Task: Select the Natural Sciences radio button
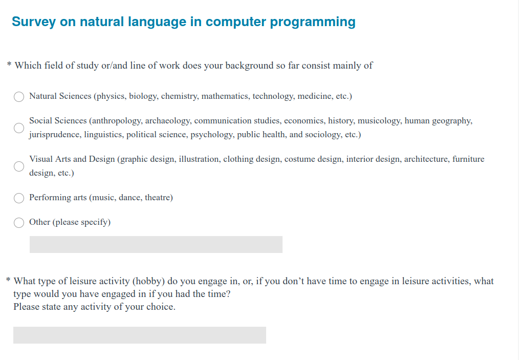point(19,97)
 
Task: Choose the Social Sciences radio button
point(19,128)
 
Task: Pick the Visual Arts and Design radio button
point(19,166)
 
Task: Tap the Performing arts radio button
point(19,198)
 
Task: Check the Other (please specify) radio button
point(19,223)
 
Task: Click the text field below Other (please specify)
point(156,244)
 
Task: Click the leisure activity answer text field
point(140,335)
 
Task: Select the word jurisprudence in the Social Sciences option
point(54,135)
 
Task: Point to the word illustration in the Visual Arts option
point(200,159)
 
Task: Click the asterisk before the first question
point(9,63)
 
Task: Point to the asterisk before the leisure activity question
point(8,280)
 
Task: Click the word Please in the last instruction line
point(25,307)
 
